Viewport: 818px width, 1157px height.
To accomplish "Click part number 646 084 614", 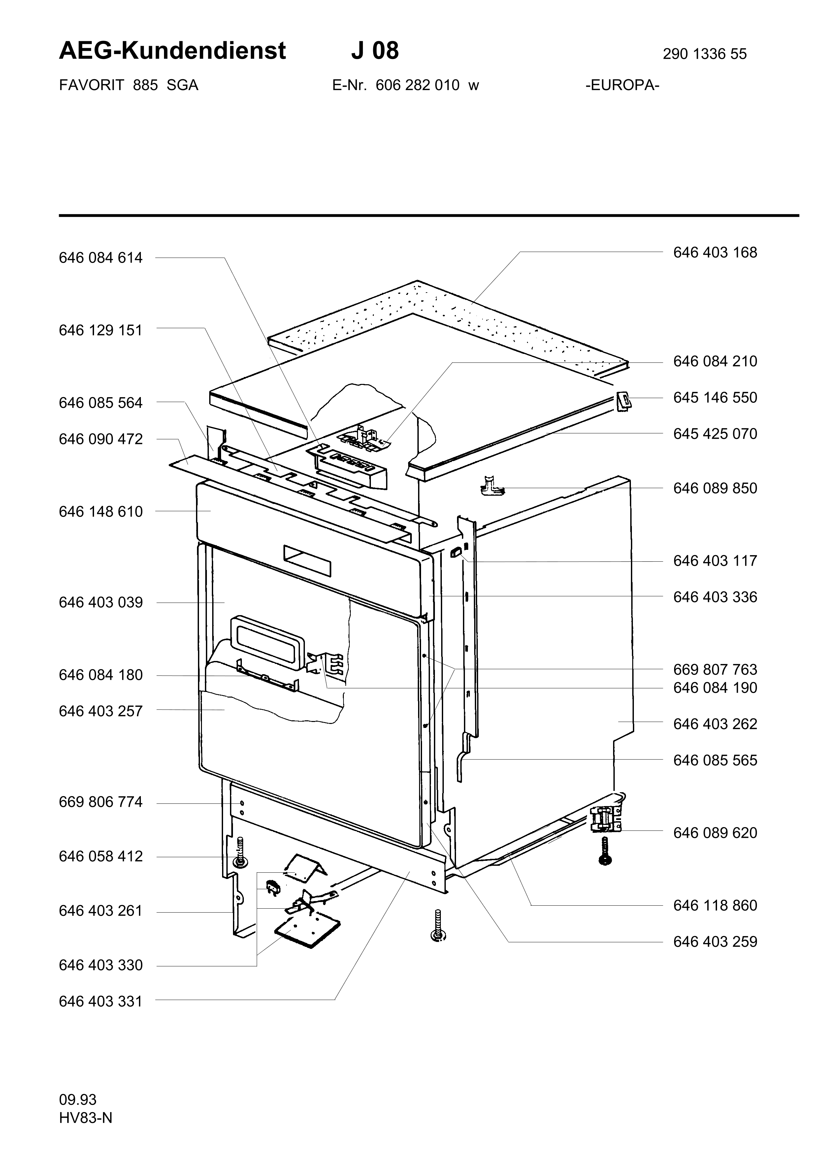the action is [101, 258].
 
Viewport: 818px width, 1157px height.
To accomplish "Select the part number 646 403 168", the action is [715, 252].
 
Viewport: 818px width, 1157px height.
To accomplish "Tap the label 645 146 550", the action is [715, 397].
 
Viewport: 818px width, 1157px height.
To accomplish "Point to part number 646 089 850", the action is [715, 488].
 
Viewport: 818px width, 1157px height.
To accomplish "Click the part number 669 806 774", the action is [101, 802].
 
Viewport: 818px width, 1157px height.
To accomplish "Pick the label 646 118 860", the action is [715, 906].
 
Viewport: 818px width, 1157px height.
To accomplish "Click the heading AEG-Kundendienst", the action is [172, 51].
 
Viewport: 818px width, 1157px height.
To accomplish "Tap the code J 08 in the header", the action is [375, 51].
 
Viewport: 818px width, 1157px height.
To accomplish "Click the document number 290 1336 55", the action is [704, 54].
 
